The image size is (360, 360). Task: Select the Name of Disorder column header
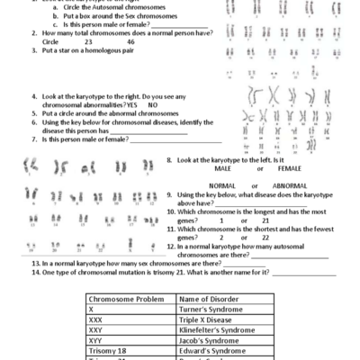(x=211, y=298)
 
